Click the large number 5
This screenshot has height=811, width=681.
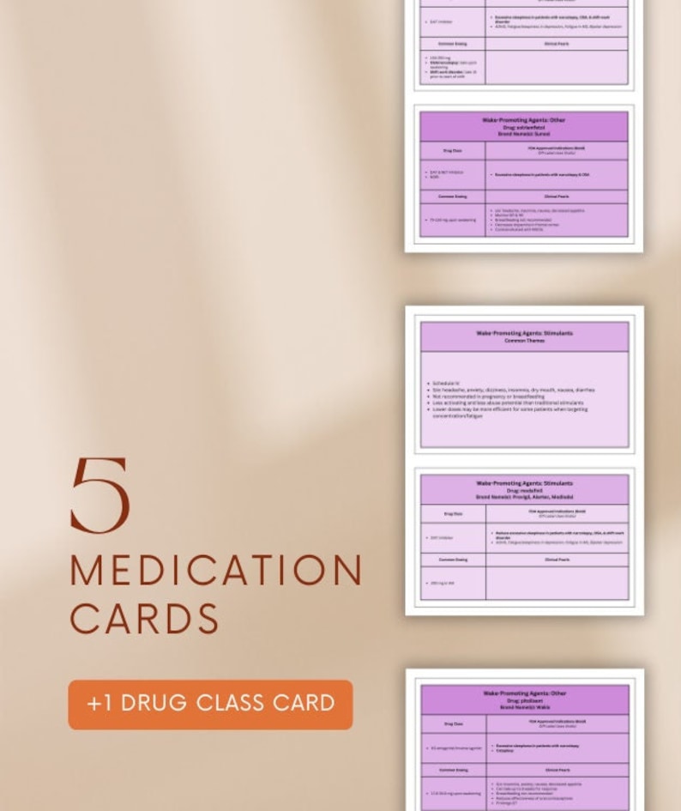100,495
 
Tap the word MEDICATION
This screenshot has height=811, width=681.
216,572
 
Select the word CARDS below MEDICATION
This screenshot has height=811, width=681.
144,619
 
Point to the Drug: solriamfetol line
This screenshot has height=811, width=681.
523,127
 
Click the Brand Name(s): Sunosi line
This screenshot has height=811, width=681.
523,134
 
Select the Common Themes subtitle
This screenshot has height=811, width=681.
524,340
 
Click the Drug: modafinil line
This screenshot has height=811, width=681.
524,490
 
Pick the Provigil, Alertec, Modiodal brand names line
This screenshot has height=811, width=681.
524,497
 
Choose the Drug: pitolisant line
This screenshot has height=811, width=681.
525,700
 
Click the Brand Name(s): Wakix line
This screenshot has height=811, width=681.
525,707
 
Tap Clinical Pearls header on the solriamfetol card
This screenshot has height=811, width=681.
556,197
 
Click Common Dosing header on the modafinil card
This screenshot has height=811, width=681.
453,560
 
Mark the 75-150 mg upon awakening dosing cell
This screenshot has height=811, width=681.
453,221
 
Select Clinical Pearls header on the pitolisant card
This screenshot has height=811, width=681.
557,770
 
